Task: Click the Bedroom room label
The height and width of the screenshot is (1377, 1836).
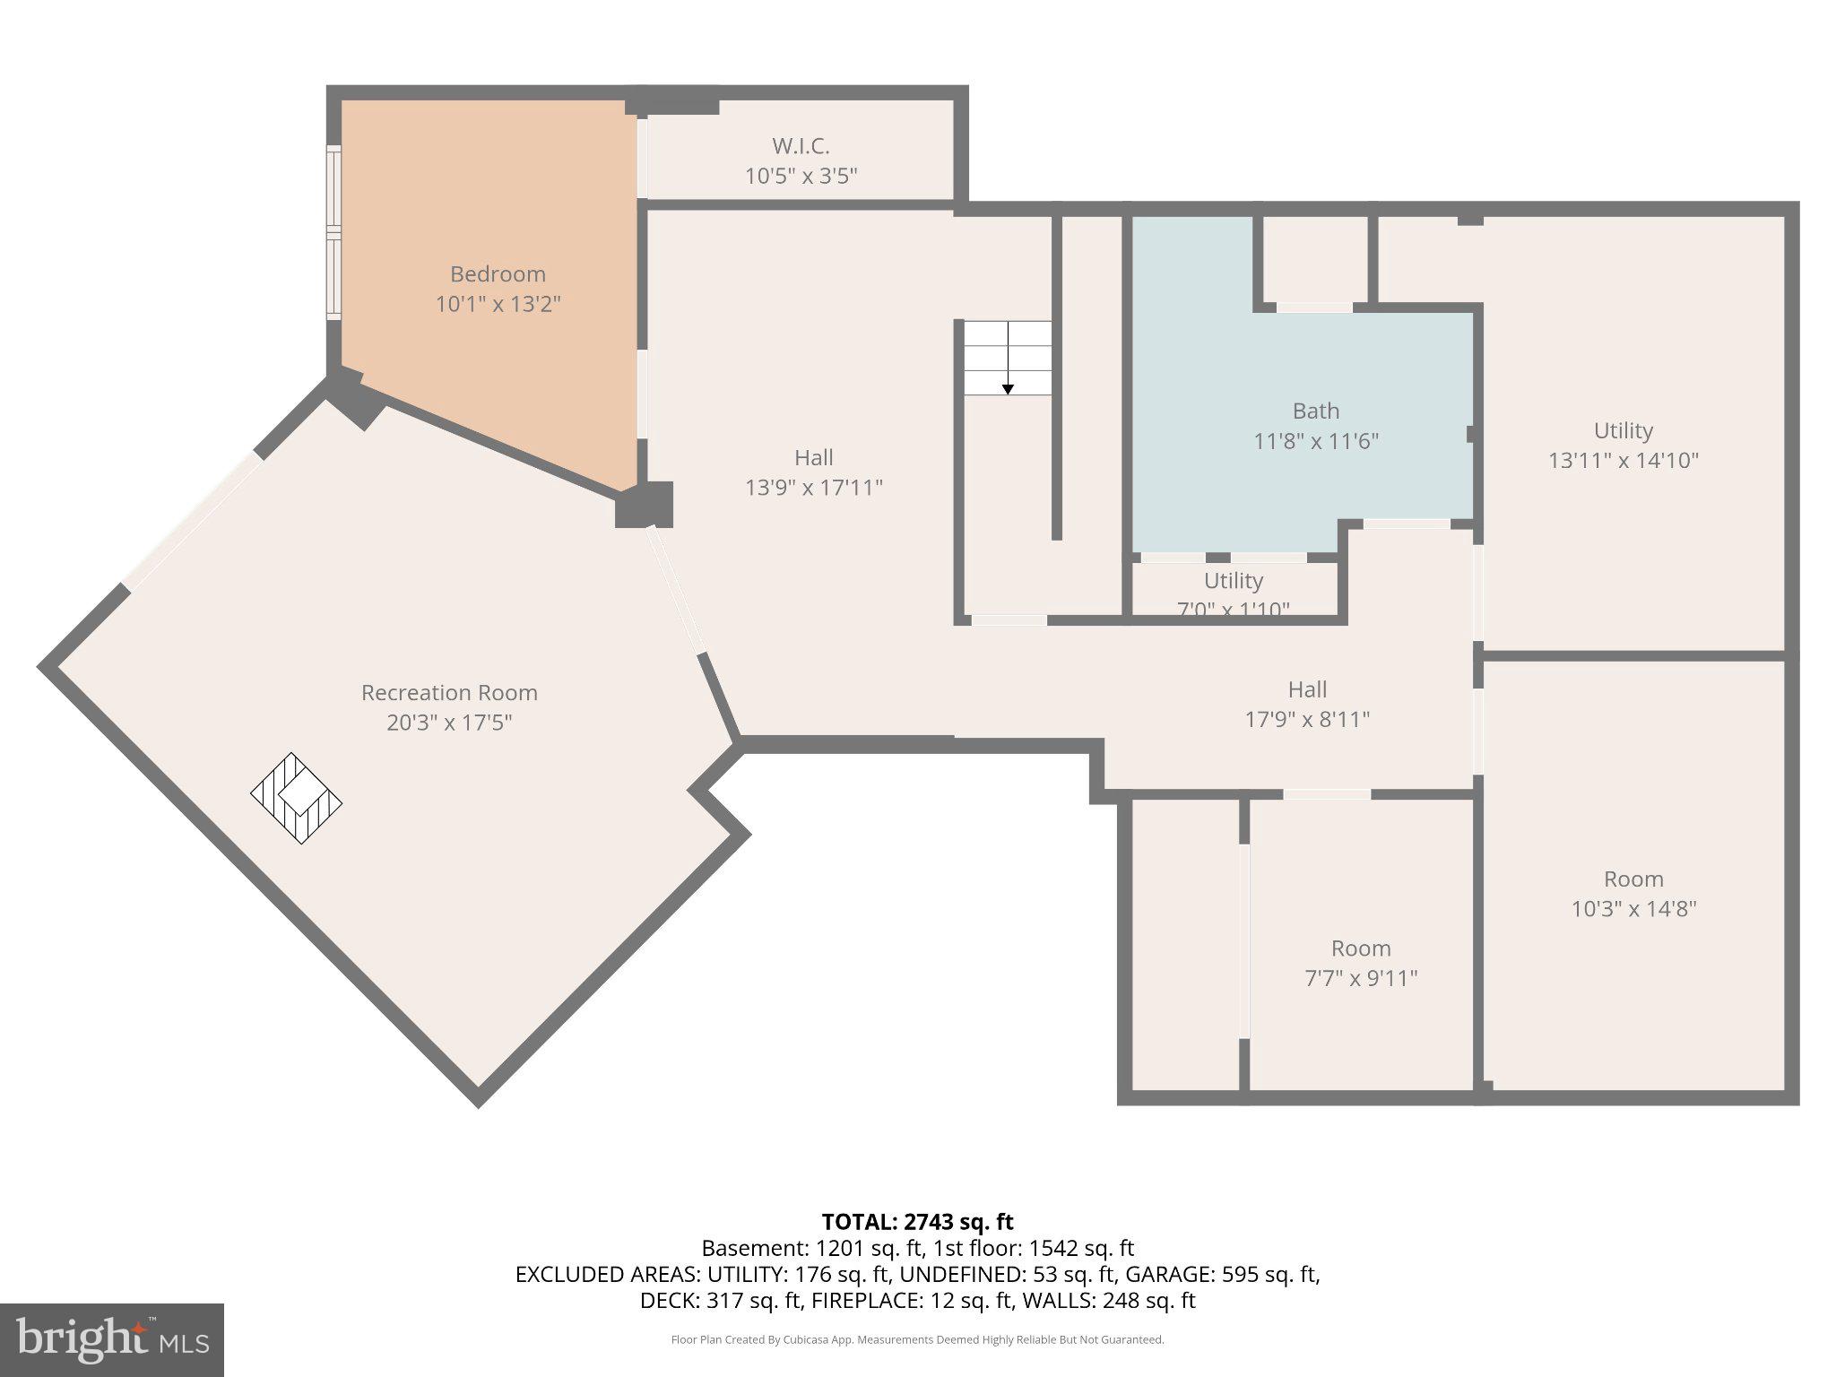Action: tap(498, 274)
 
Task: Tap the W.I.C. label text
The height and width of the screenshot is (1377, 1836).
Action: tap(801, 145)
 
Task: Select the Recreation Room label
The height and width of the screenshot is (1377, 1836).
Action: tap(449, 692)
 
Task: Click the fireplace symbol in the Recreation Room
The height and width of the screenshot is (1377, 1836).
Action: tap(296, 798)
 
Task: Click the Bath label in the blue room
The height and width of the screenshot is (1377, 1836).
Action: tap(1315, 411)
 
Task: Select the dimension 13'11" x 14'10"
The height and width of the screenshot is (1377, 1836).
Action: tap(1623, 460)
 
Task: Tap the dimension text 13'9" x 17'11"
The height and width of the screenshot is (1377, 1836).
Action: tap(813, 488)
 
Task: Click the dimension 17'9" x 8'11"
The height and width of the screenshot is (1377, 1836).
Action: tap(1306, 719)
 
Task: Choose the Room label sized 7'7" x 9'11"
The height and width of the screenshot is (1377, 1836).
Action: tap(1360, 948)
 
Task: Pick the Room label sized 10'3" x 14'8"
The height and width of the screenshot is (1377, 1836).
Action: tap(1632, 879)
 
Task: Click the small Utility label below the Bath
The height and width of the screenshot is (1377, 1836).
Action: tap(1233, 581)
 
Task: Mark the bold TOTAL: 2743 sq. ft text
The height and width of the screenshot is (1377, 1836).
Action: tap(917, 1222)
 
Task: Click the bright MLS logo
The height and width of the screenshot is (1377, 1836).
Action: tap(111, 1339)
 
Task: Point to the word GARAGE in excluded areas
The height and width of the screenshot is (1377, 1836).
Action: tap(1165, 1274)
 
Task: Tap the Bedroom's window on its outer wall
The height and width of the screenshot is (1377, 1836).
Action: tap(333, 232)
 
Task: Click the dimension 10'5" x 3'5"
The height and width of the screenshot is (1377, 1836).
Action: tap(801, 176)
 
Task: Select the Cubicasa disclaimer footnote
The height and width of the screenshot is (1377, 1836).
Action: tap(917, 1340)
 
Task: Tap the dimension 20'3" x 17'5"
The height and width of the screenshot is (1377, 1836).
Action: tap(449, 723)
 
